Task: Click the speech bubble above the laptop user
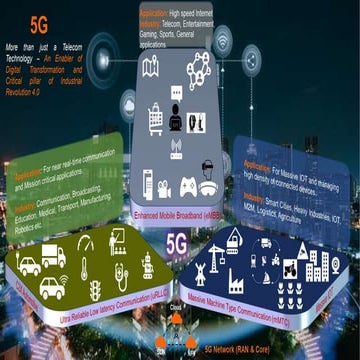[x=176, y=93]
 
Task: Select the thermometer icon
[x=84, y=268]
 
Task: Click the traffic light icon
[x=96, y=289]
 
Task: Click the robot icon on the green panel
[x=147, y=265]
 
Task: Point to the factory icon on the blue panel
[x=237, y=279]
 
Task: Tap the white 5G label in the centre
[x=177, y=243]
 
